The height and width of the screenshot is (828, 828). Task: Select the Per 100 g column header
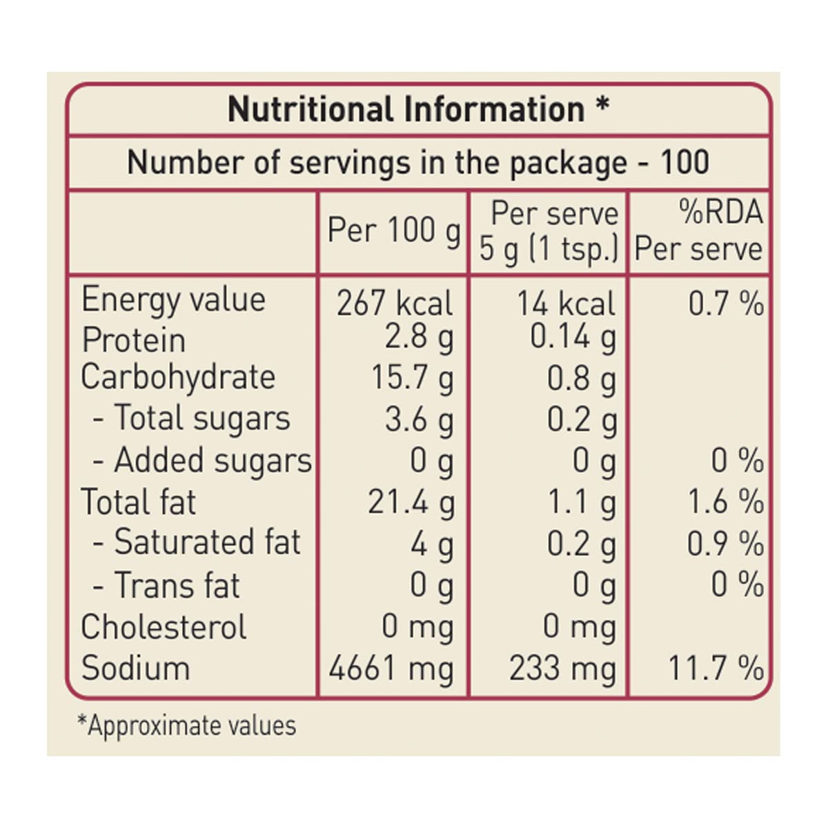click(x=393, y=230)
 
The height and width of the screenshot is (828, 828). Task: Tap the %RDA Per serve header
click(x=698, y=230)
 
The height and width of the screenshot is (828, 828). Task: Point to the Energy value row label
click(x=173, y=300)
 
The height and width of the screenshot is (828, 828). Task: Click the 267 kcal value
click(x=395, y=304)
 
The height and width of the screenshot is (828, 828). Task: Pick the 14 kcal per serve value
click(x=566, y=304)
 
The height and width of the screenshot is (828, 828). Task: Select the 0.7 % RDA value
click(x=726, y=304)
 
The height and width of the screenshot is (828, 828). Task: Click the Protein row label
click(x=134, y=340)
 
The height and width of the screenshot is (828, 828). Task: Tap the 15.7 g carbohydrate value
click(x=413, y=378)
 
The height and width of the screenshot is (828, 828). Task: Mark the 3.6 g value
click(x=420, y=420)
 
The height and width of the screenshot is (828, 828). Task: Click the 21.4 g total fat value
click(x=411, y=502)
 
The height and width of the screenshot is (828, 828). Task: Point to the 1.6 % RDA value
click(x=726, y=502)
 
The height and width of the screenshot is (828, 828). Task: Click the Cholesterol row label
click(x=164, y=627)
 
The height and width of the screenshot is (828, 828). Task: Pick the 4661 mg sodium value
click(x=391, y=669)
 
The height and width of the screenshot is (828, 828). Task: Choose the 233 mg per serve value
click(x=562, y=669)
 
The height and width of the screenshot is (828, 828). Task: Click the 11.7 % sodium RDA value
click(x=716, y=669)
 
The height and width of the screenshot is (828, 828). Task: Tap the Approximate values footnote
click(x=187, y=726)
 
